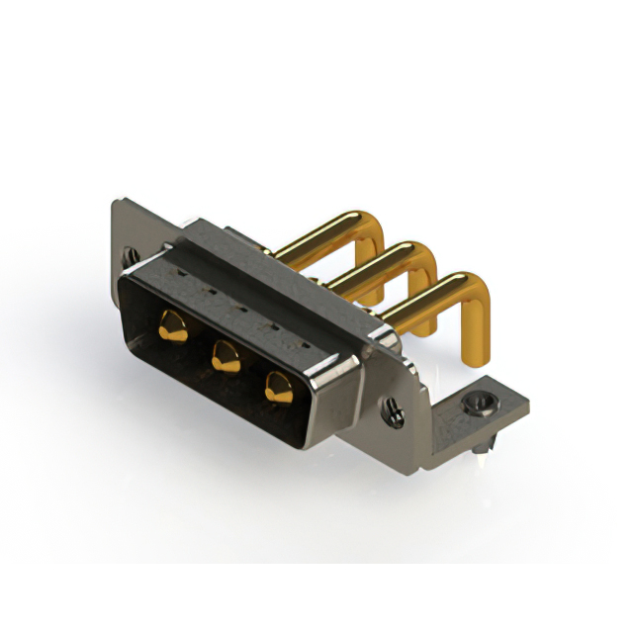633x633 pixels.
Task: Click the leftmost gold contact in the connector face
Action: [172, 325]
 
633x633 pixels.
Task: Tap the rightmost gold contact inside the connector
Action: [278, 387]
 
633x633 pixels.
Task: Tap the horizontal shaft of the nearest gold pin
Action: [420, 299]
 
